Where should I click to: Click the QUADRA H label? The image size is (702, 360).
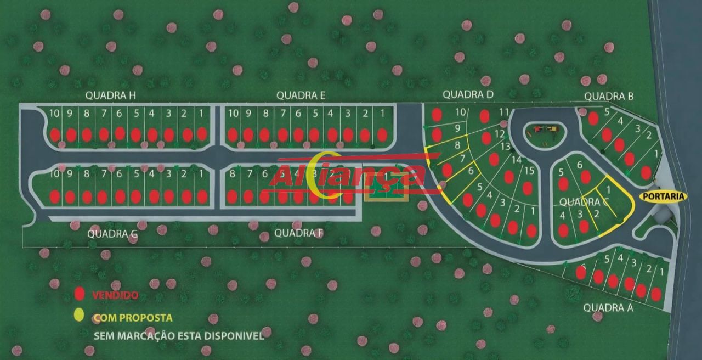tap(110, 95)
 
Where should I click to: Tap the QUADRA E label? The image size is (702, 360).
tap(301, 95)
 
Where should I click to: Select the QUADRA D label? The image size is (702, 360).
tap(468, 94)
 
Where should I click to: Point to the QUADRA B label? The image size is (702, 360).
tap(609, 97)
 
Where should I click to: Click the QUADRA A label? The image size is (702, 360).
tap(608, 307)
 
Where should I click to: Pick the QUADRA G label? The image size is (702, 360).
tap(112, 234)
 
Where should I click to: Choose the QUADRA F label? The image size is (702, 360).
tap(299, 233)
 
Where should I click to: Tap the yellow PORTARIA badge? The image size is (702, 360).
tap(663, 196)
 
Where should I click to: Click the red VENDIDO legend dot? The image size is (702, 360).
tap(80, 294)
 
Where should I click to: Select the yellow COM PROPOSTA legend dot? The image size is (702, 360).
tap(80, 314)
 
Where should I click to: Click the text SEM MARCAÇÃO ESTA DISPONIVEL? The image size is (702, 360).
tap(179, 335)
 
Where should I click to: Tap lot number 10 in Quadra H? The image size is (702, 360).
tap(54, 114)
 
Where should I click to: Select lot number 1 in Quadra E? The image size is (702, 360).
tap(382, 114)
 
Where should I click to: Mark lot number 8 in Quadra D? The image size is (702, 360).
tap(457, 145)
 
